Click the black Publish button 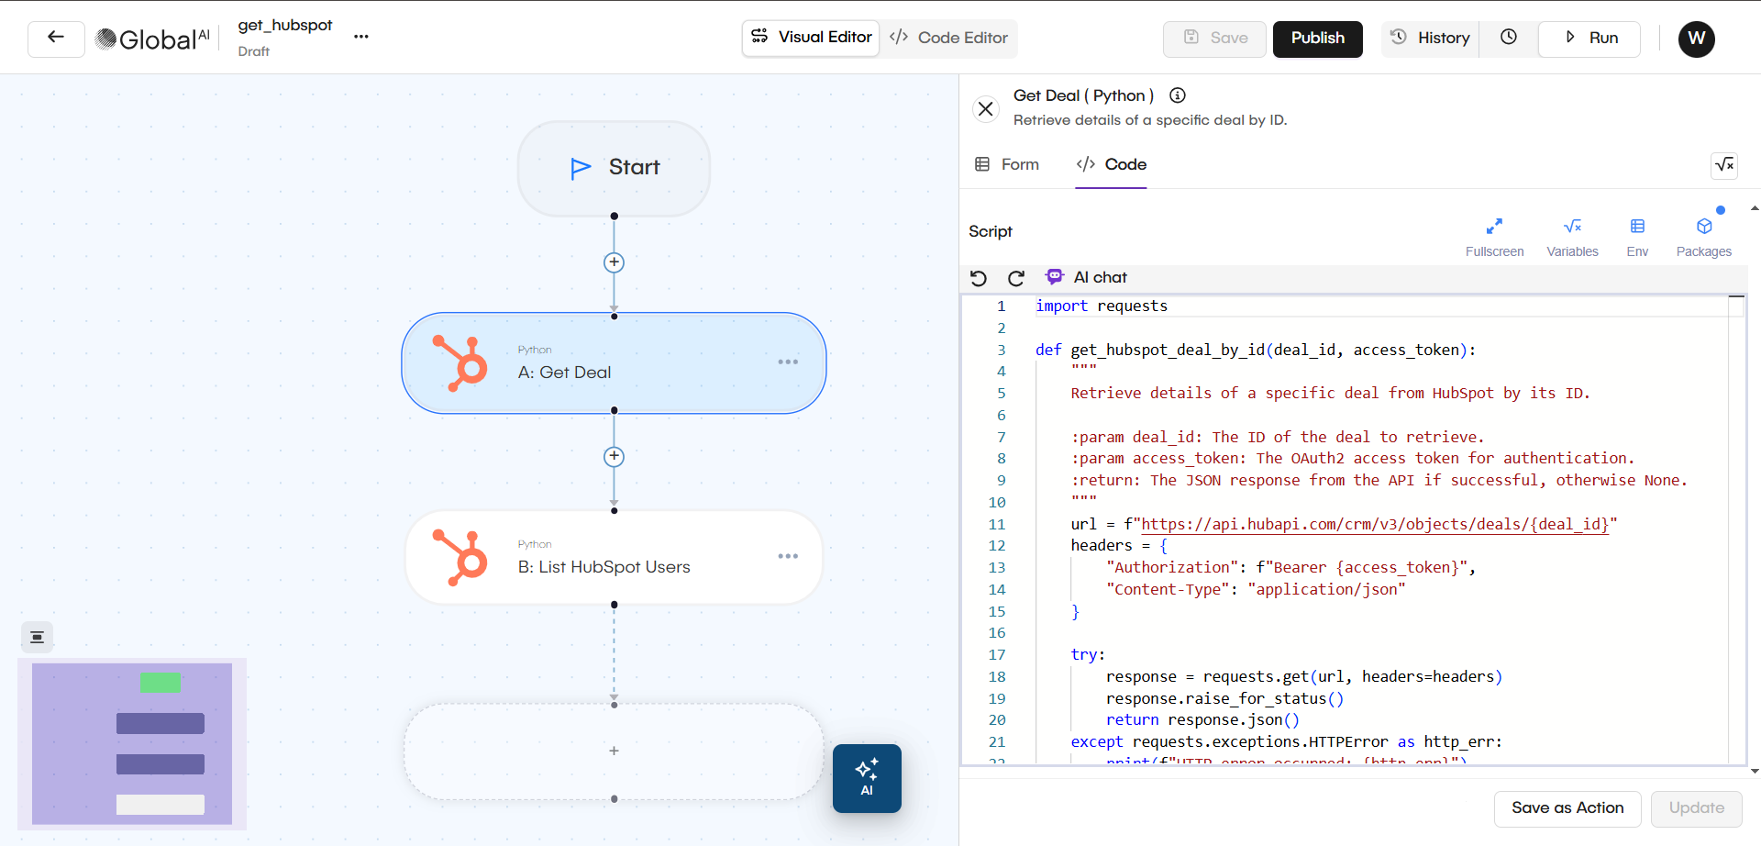[1317, 39]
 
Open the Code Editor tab [949, 39]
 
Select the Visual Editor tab [812, 38]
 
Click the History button [1431, 39]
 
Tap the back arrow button [56, 39]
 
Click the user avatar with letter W [1696, 39]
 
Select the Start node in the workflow [614, 168]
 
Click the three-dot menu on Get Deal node [788, 362]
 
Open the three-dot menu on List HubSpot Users [788, 557]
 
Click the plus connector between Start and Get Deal [614, 263]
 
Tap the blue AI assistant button [867, 778]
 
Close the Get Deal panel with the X [986, 109]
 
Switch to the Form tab [1007, 165]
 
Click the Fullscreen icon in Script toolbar [1494, 235]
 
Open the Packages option [1703, 235]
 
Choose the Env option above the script [1637, 235]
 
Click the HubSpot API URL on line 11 [1374, 525]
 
